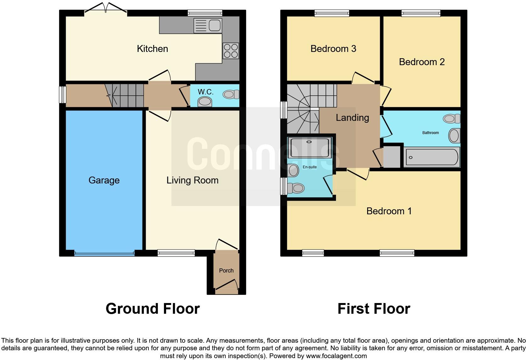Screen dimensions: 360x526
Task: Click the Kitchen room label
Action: coord(152,49)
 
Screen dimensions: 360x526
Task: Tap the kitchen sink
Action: coord(208,25)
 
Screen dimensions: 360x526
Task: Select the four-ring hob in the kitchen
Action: coord(231,51)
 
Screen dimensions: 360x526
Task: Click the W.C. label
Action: coord(205,92)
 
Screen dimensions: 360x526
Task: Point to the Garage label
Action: coord(104,180)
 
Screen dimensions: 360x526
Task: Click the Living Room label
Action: coord(192,180)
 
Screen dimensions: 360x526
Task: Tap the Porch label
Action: coord(226,271)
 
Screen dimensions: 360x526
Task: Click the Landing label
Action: coord(352,118)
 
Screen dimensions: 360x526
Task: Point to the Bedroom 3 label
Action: coord(333,49)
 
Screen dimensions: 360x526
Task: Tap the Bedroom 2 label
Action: coord(422,62)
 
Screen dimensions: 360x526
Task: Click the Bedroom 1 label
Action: coord(389,211)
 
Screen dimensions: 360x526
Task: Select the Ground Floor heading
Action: coord(153,309)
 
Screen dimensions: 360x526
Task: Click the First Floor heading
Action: coord(374,309)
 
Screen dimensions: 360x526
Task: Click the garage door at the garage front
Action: coord(104,253)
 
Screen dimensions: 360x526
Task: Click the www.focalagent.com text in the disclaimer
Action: coord(336,356)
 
